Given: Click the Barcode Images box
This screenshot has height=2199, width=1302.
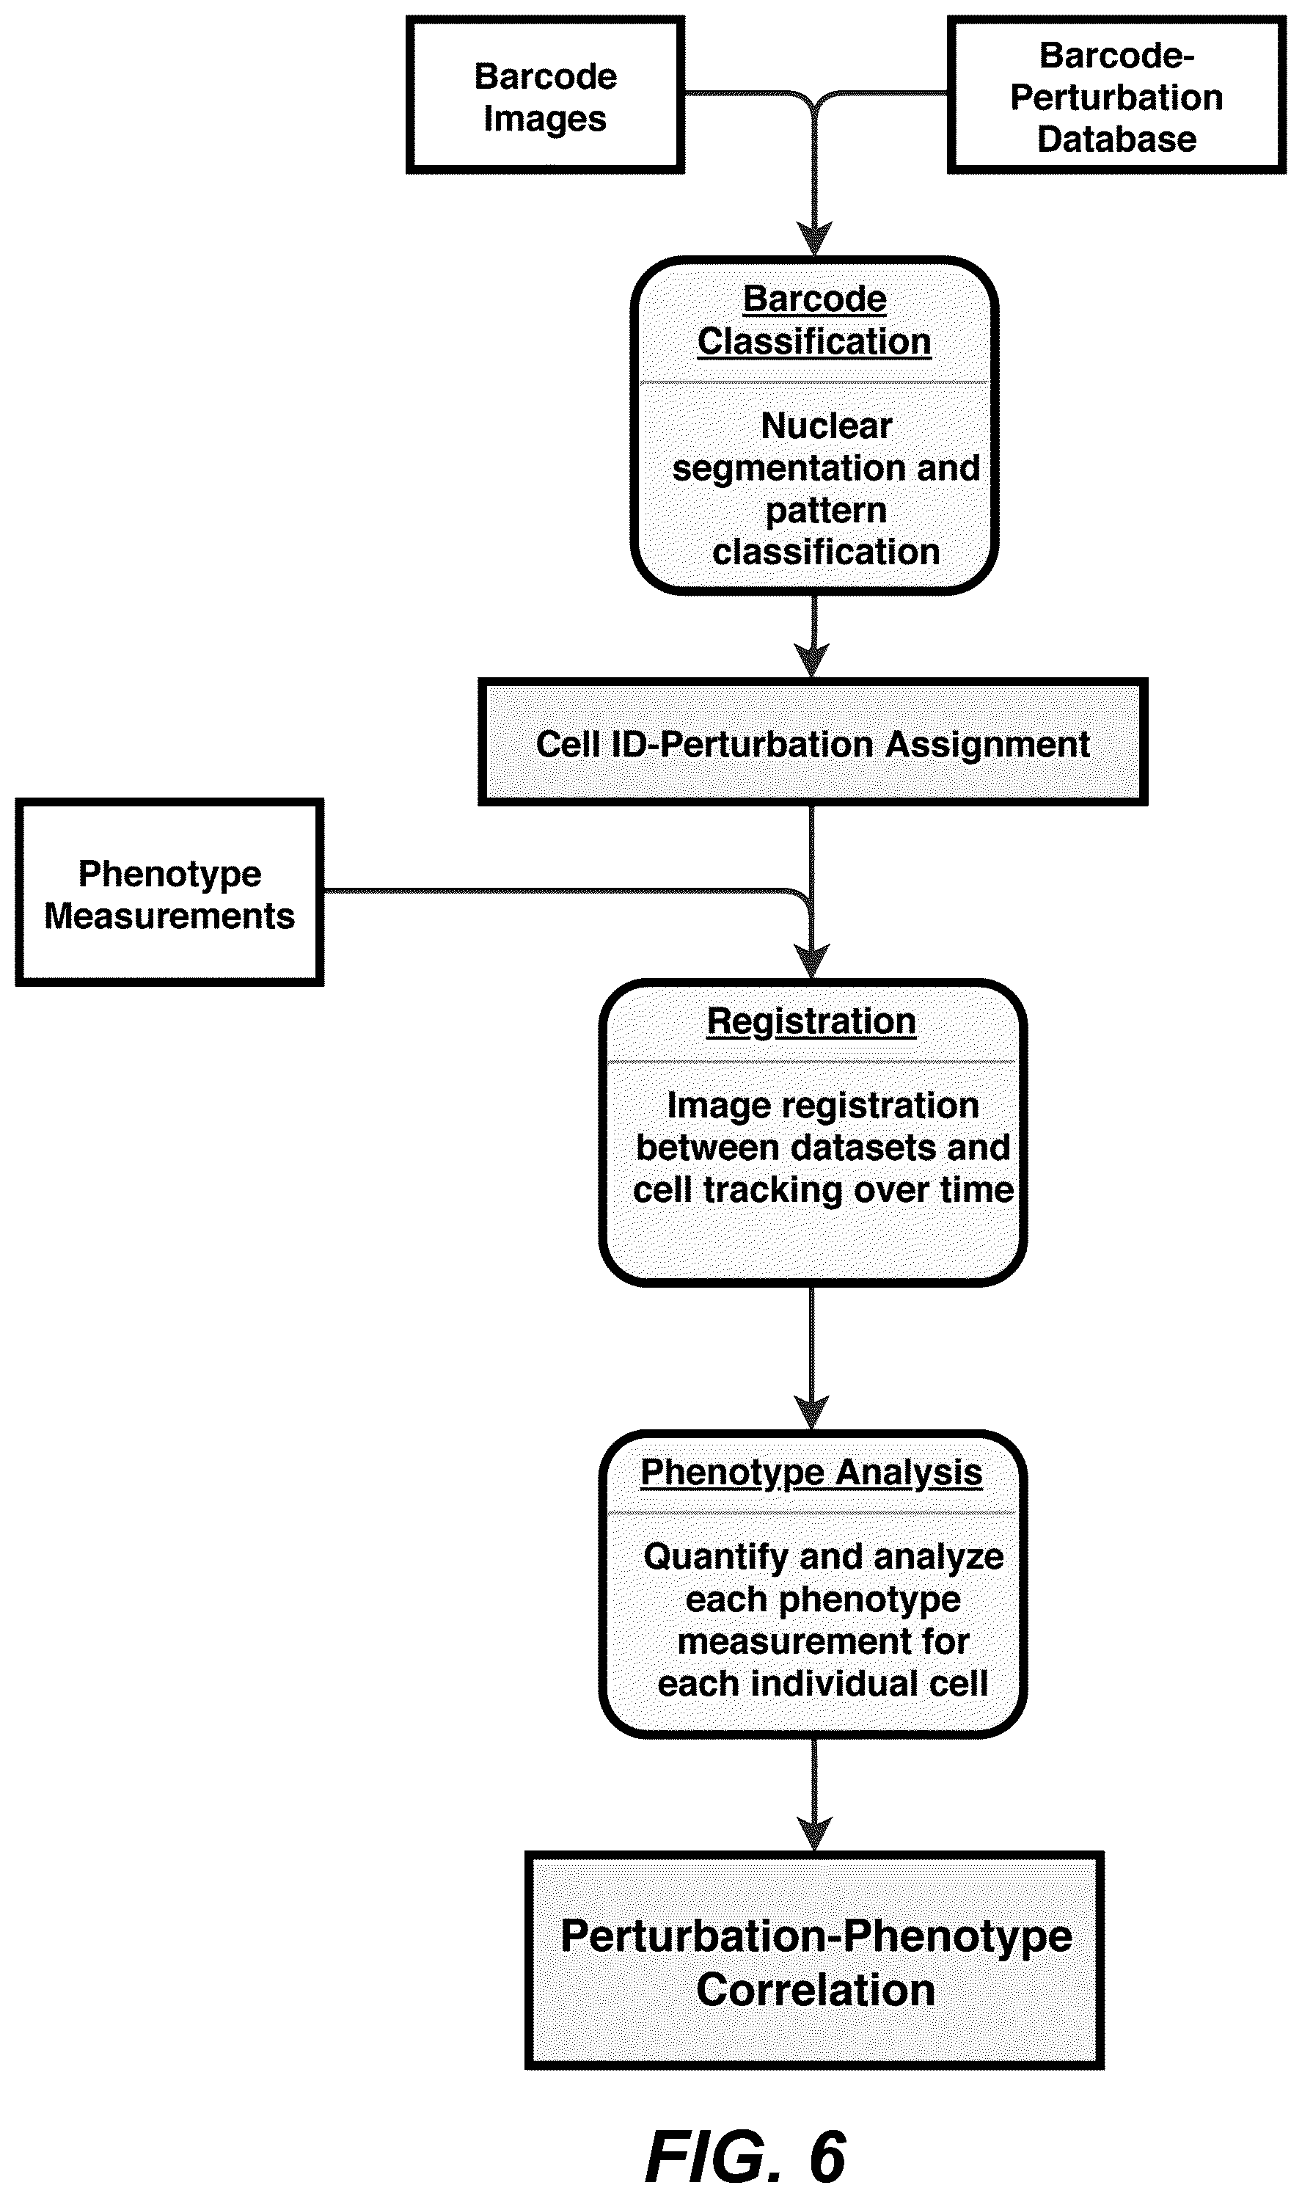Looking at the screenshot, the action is (545, 95).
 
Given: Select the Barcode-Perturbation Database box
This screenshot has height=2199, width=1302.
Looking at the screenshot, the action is (1117, 95).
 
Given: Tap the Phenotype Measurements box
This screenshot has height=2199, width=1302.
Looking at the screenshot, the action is (169, 892).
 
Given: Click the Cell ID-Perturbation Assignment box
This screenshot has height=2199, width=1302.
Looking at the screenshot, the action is (813, 743).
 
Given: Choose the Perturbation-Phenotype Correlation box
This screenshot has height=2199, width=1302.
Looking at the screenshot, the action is (814, 1961).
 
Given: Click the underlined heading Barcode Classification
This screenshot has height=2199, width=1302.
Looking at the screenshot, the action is (814, 321).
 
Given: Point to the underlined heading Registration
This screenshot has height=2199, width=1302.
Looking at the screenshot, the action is (811, 1021).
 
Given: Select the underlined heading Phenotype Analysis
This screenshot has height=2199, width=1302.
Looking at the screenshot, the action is (811, 1473).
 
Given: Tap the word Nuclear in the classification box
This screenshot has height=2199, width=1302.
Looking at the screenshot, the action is (827, 426).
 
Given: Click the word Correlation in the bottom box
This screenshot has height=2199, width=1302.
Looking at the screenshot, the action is (815, 1990).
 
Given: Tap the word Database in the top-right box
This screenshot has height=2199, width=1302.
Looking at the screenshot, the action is (1117, 139).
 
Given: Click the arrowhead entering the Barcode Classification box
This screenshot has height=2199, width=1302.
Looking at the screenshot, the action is (815, 238).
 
